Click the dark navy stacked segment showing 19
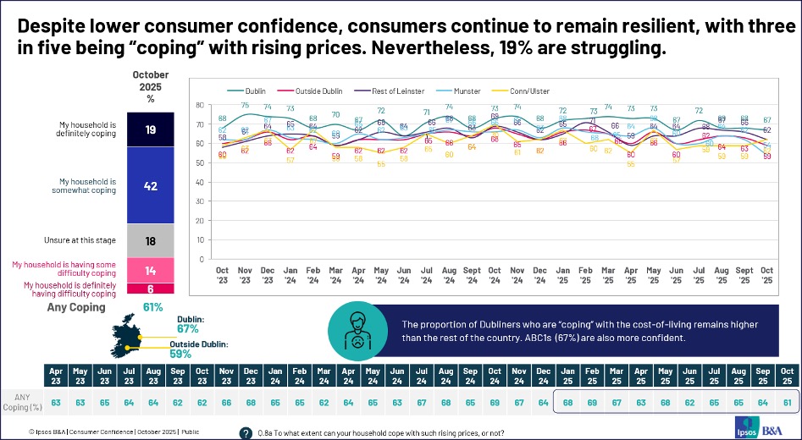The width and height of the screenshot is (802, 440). pyautogui.click(x=151, y=129)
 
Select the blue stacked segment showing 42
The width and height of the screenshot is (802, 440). pyautogui.click(x=151, y=185)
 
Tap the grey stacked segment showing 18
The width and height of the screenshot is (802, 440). pyautogui.click(x=151, y=241)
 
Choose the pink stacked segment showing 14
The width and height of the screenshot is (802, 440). pyautogui.click(x=151, y=272)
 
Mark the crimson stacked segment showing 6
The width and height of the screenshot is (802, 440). pyautogui.click(x=151, y=289)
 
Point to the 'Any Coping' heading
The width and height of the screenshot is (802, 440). pyautogui.click(x=75, y=307)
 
